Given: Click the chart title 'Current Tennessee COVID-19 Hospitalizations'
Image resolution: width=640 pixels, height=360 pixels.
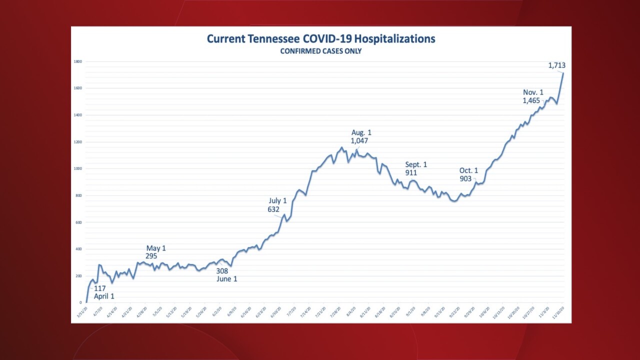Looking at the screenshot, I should point(321,39).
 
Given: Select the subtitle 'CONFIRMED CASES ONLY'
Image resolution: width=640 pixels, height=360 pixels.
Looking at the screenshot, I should point(321,51).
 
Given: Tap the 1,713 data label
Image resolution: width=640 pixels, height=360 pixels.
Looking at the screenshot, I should point(556,65).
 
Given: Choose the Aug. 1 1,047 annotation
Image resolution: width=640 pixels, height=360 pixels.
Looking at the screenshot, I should point(361,136).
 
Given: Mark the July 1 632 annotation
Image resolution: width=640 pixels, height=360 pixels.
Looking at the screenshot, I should point(276,205).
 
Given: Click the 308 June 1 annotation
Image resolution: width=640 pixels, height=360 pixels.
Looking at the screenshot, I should point(226,274).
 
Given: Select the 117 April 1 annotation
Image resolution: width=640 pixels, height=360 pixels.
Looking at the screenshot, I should point(104,292).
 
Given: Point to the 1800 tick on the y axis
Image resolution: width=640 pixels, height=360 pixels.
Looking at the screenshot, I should point(77,61).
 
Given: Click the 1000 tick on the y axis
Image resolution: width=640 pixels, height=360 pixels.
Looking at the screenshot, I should point(77,168).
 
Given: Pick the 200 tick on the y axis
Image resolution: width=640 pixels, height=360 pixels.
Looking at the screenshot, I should point(78,276).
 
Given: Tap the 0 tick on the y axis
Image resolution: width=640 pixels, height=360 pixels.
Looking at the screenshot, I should point(80,302).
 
